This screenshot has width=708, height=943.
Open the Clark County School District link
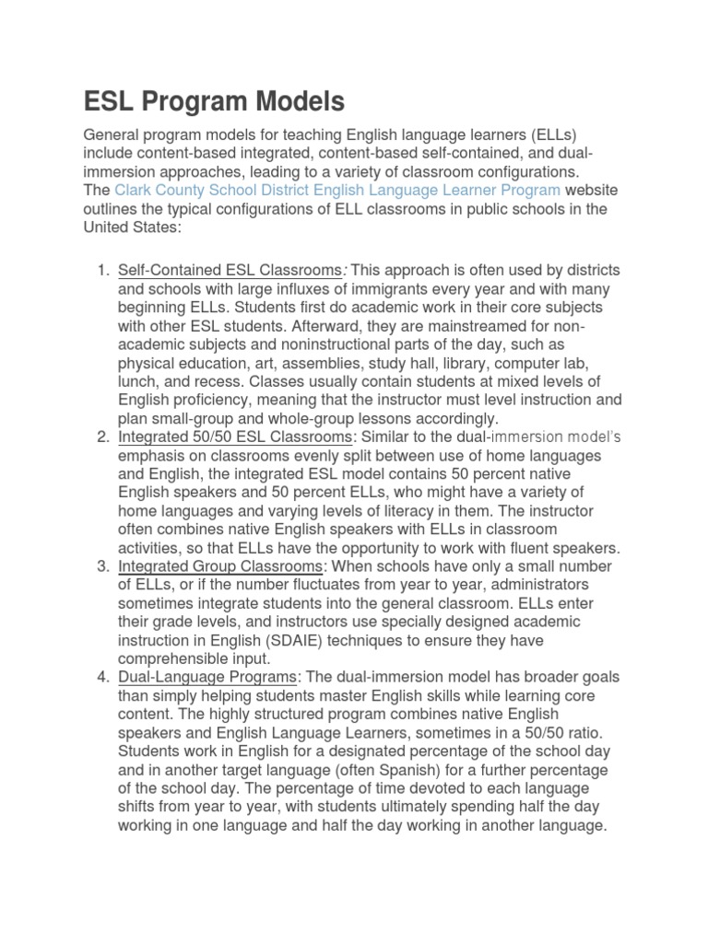tap(337, 191)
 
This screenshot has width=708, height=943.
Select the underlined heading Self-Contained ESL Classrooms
tap(230, 270)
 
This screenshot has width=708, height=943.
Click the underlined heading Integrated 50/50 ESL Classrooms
tap(235, 436)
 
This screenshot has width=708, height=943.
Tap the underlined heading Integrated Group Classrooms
tap(220, 565)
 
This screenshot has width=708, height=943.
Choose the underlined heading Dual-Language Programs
tap(207, 677)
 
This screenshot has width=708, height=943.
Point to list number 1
tap(101, 270)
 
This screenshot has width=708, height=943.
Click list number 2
tap(101, 436)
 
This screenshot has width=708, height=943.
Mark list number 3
tap(101, 565)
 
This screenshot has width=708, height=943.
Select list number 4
tap(101, 677)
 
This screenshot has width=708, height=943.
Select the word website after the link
tap(591, 191)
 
